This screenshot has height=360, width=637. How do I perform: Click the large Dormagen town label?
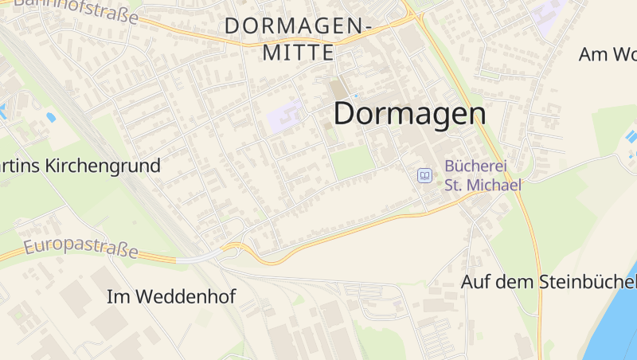click(x=409, y=113)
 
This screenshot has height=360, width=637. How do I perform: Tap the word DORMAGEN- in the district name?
click(x=299, y=26)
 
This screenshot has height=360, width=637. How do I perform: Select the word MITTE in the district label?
click(x=299, y=53)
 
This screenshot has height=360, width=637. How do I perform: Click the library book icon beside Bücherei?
click(x=425, y=175)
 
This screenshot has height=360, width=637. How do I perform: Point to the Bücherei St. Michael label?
click(x=483, y=176)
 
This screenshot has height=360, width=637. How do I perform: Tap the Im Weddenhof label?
click(x=171, y=297)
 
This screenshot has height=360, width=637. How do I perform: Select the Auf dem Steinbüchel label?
click(x=548, y=282)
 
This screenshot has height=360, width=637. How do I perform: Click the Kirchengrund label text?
click(x=104, y=166)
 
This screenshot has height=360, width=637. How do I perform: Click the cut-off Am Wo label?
click(x=608, y=54)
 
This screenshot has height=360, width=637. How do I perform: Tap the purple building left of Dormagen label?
click(x=286, y=118)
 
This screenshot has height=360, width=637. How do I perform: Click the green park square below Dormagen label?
click(x=352, y=162)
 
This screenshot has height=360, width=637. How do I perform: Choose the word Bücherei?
click(x=475, y=166)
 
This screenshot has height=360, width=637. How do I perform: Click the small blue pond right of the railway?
click(x=51, y=117)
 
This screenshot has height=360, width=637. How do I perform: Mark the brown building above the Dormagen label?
click(x=339, y=90)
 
